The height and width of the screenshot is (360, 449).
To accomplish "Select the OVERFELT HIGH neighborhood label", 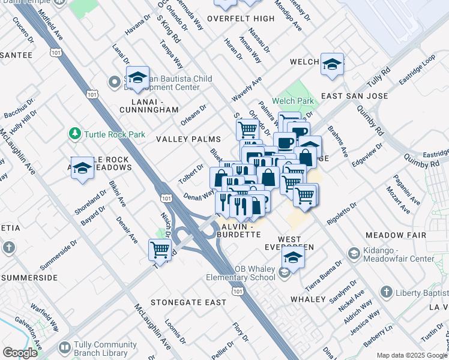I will (x=241, y=19).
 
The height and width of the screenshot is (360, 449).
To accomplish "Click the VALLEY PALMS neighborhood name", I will (x=188, y=139).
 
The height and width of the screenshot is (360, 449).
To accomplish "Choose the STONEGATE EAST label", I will (x=179, y=302).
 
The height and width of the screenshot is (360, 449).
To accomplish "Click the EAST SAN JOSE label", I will (x=354, y=96).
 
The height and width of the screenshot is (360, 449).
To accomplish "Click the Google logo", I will (x=20, y=353).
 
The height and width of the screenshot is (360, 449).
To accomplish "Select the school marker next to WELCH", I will (x=331, y=63).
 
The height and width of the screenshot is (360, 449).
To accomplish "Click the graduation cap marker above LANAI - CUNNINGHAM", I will (x=137, y=77).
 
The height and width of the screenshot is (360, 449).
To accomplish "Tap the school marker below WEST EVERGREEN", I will (x=293, y=257).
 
